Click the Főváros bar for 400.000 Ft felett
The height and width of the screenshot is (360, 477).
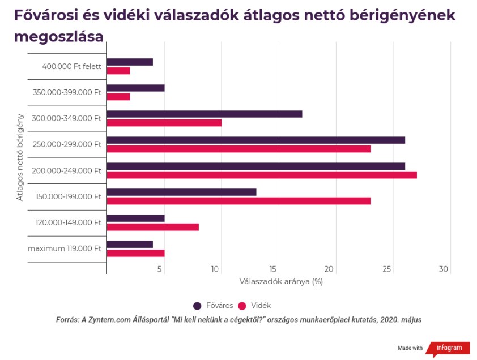(x=130, y=62)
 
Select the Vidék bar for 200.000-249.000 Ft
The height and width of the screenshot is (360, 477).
(x=262, y=175)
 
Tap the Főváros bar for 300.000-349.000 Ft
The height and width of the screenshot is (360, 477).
(x=204, y=114)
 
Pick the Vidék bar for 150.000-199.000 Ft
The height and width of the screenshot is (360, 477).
(x=238, y=201)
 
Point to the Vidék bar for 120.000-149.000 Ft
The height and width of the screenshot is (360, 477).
(x=152, y=227)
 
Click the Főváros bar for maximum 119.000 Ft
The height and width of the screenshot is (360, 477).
(x=130, y=244)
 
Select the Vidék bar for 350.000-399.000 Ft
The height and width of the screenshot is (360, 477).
(x=118, y=97)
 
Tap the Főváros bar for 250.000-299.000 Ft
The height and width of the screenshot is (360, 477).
(x=255, y=140)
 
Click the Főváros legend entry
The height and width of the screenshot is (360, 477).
(x=213, y=306)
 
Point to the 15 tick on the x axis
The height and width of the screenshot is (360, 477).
(x=274, y=269)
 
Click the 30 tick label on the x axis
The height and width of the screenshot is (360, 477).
(x=444, y=269)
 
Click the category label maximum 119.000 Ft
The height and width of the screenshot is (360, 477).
(x=65, y=248)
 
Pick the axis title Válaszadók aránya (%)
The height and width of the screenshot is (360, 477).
(x=281, y=281)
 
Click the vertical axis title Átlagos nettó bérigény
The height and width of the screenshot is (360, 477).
(x=20, y=157)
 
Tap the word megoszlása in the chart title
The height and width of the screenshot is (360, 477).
(x=59, y=37)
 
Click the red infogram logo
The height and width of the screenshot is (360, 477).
(x=448, y=348)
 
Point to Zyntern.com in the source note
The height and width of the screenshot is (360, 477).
(x=104, y=320)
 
